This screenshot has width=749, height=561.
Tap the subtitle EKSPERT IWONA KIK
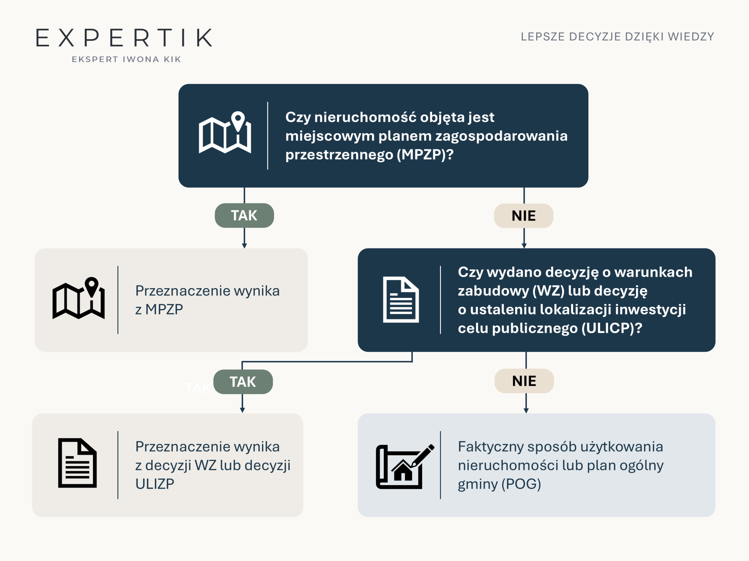[126, 60]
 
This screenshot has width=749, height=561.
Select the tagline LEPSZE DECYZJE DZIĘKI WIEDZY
[617, 37]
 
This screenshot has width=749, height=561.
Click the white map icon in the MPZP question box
[225, 132]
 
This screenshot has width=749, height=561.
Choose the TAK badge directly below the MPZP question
[244, 215]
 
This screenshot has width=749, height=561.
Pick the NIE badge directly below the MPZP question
[523, 216]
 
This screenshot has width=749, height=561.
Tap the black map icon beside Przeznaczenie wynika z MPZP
[78, 298]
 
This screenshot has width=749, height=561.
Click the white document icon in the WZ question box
[401, 299]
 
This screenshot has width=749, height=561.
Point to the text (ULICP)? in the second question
[611, 328]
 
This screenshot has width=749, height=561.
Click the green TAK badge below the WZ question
[243, 382]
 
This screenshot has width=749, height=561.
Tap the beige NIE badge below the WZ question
[524, 381]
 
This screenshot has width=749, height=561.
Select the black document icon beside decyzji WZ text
[78, 463]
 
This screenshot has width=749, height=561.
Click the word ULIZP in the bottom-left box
[155, 484]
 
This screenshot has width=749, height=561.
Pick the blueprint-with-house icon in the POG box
[405, 467]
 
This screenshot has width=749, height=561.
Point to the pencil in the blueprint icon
[422, 456]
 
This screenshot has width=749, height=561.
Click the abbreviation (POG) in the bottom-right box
[521, 484]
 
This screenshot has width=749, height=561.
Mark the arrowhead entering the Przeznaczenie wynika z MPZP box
[245, 246]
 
